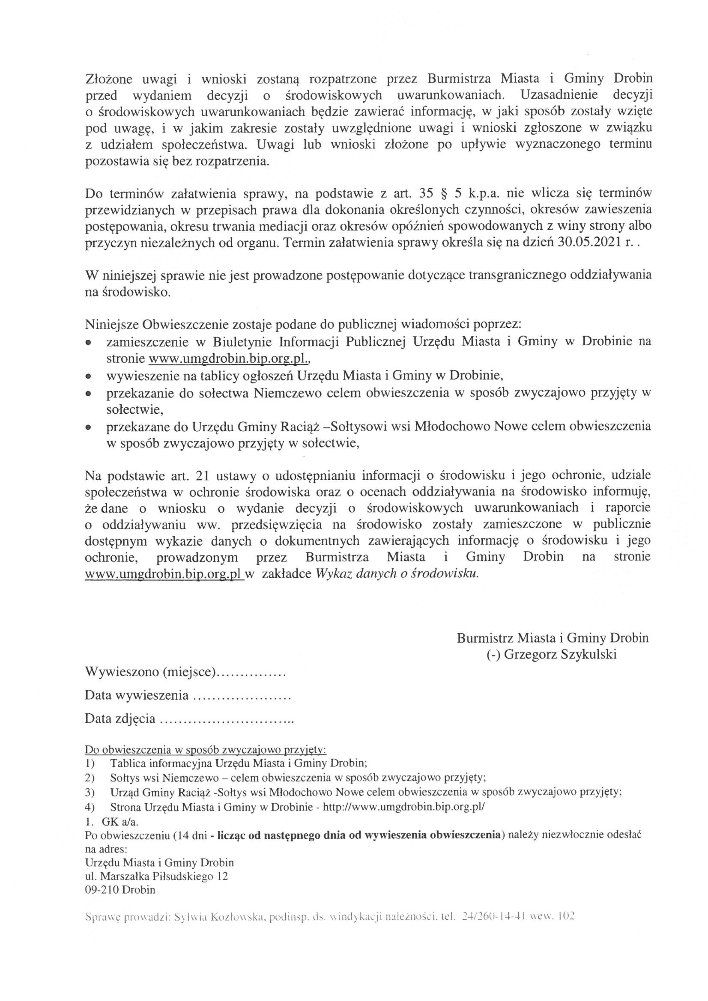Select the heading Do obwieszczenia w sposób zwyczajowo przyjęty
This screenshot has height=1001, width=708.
[x=205, y=749]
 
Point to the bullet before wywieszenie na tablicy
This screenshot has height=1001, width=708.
[x=88, y=375]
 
